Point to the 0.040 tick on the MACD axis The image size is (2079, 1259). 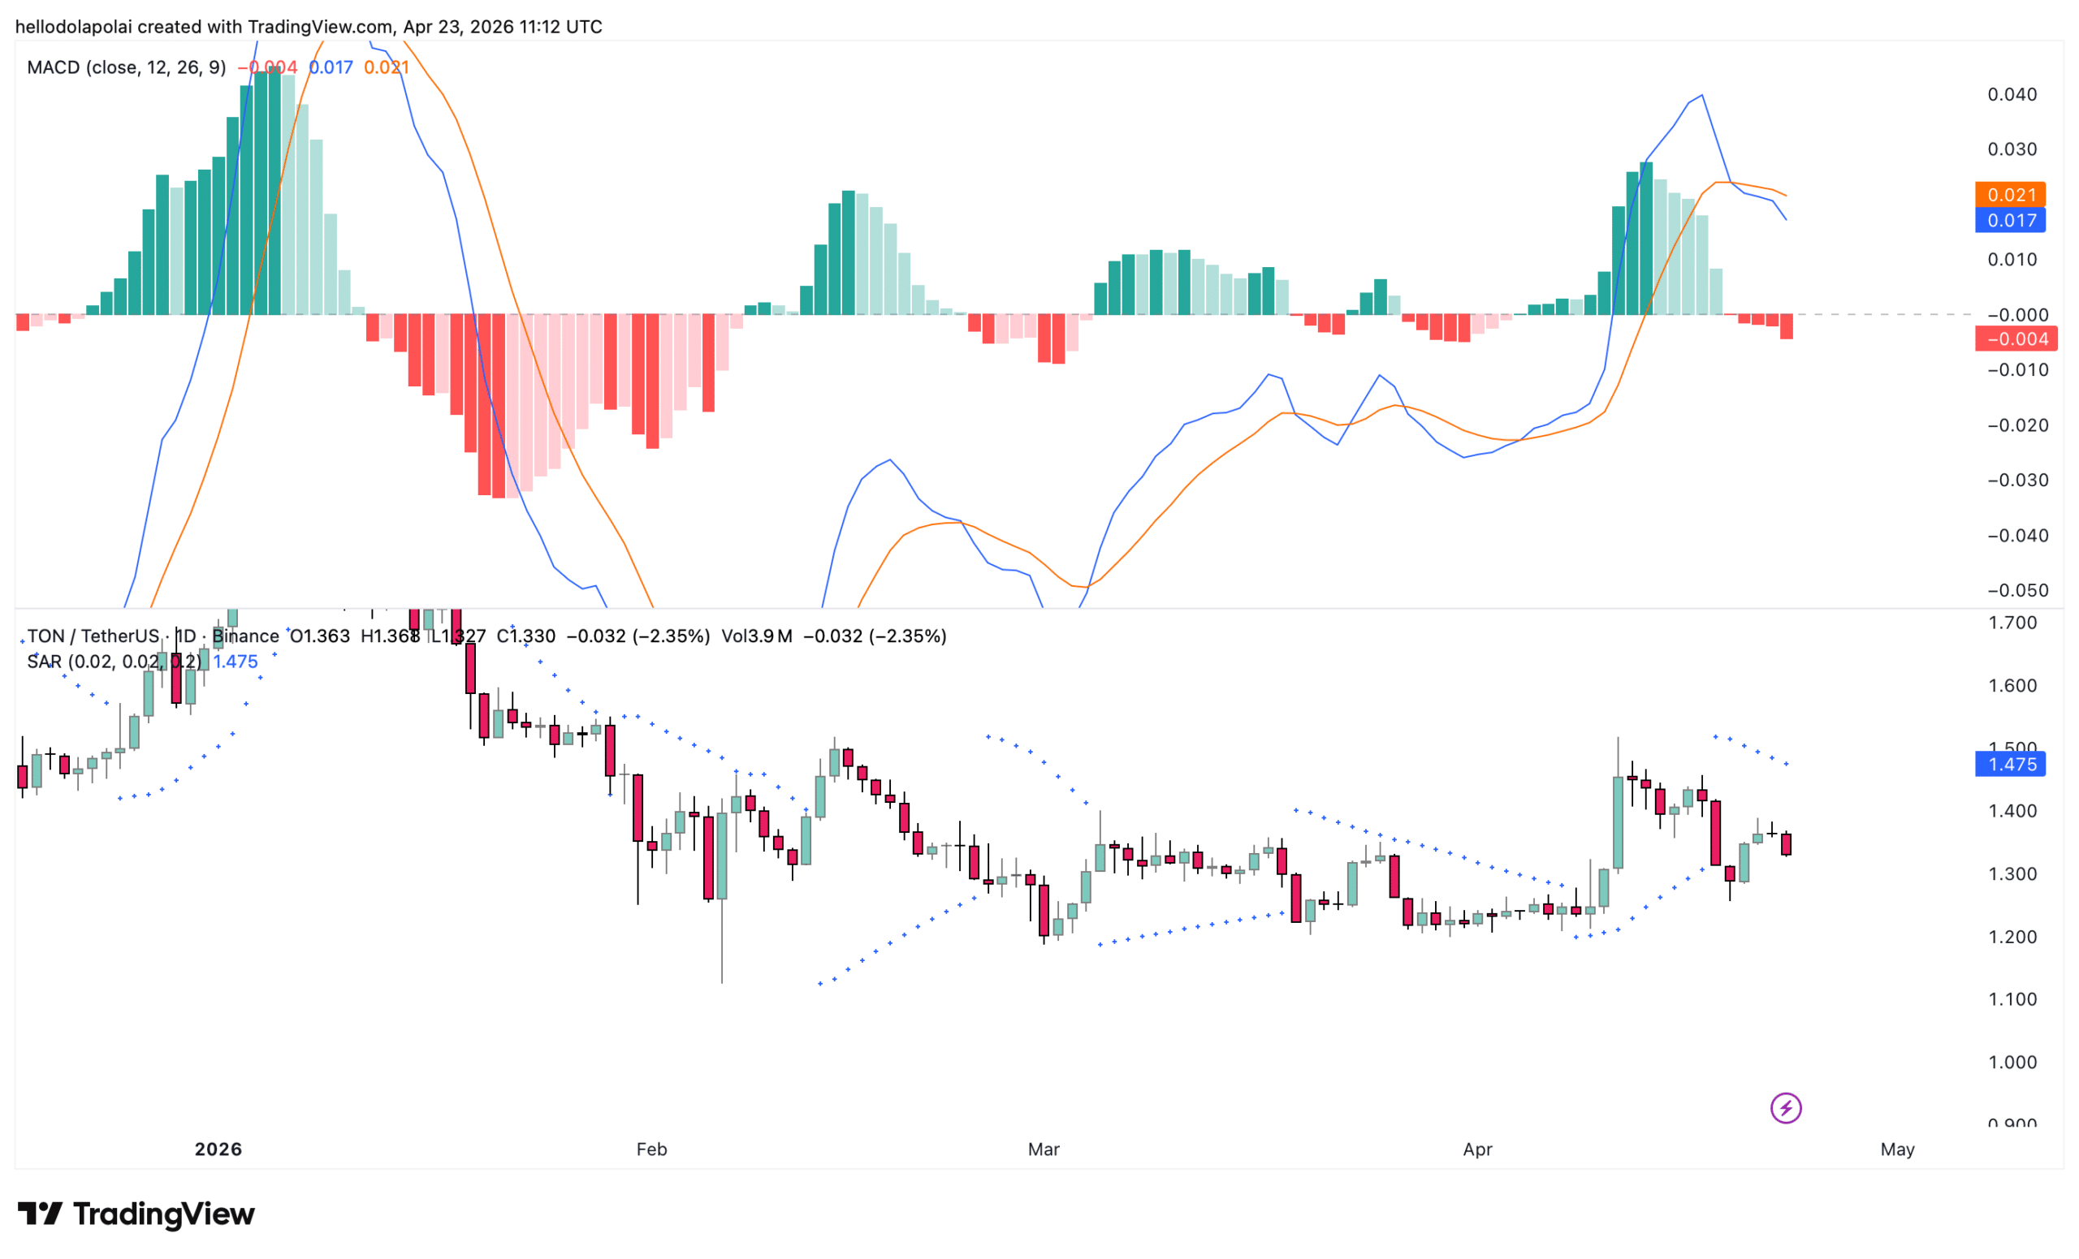point(2012,94)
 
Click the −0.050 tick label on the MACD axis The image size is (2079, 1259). point(2012,590)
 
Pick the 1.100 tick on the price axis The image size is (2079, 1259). point(2012,999)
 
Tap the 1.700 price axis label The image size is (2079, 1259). point(2012,623)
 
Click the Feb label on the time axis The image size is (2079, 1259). point(651,1149)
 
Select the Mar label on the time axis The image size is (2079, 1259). point(1043,1149)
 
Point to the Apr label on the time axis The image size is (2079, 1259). point(1477,1149)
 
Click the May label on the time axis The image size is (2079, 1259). point(1898,1149)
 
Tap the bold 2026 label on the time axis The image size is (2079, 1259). point(218,1149)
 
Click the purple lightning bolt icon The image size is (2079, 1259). point(1785,1108)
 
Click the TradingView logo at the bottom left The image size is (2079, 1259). point(136,1214)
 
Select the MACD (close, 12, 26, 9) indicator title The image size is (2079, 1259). point(127,67)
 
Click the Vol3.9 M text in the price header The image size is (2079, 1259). point(756,636)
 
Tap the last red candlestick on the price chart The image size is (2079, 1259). point(1786,844)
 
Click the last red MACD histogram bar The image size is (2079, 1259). point(1786,327)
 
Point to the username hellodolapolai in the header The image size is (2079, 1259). point(73,27)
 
